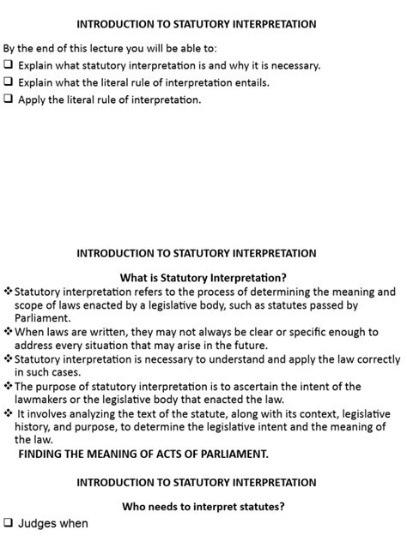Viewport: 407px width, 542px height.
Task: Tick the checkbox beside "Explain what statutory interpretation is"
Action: click(9, 65)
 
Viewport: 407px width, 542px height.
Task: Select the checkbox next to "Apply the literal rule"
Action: click(9, 99)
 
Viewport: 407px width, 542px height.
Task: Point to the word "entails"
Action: click(246, 82)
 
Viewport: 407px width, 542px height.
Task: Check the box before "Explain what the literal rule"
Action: click(9, 82)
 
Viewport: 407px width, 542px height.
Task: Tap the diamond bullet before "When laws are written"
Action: click(9, 331)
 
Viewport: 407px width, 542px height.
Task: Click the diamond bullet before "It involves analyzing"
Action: click(9, 413)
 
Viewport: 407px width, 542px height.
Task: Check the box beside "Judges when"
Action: click(9, 523)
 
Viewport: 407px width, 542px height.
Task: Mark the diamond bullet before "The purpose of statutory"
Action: click(9, 386)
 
